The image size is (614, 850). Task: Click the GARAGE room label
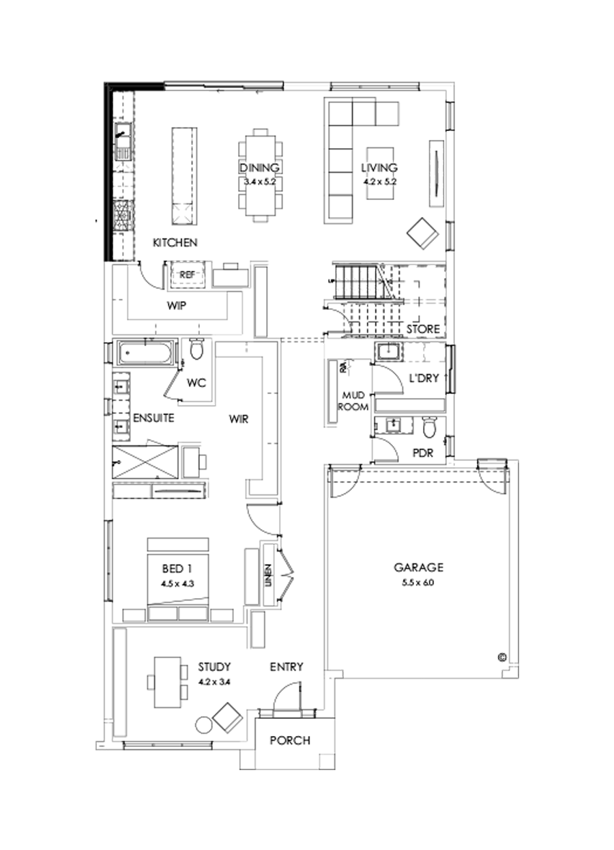click(x=418, y=567)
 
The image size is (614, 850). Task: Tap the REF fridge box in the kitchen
click(x=187, y=274)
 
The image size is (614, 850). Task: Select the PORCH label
click(x=289, y=740)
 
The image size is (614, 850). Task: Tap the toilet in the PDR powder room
click(x=429, y=428)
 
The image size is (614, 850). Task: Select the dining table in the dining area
click(x=259, y=174)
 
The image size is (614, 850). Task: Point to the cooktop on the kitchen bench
click(x=122, y=215)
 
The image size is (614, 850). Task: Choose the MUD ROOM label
click(x=355, y=401)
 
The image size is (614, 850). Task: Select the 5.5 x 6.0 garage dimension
click(x=418, y=582)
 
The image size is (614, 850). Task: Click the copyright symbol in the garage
click(x=501, y=657)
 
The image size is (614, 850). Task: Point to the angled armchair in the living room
click(x=423, y=233)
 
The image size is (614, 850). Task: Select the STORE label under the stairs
click(x=422, y=330)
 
